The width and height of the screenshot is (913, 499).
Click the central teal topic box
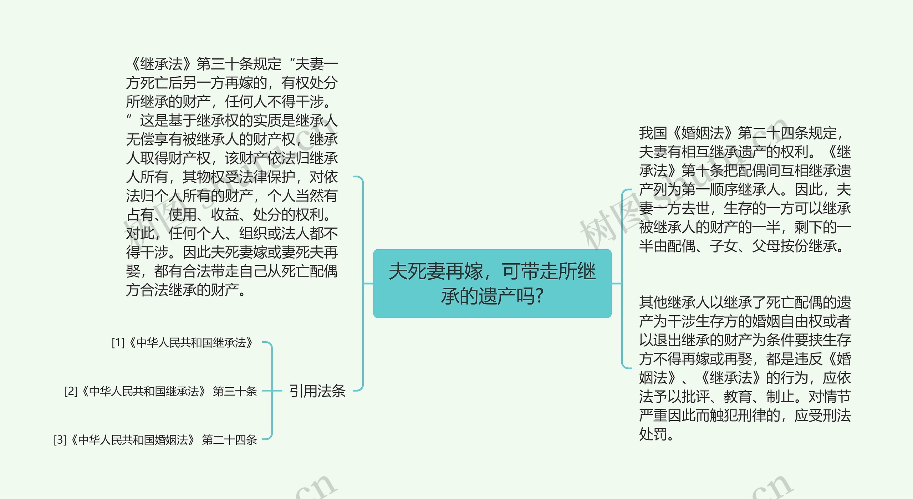(492, 283)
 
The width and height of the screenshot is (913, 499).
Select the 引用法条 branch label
(317, 391)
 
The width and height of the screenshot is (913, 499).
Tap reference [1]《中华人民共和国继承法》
(182, 343)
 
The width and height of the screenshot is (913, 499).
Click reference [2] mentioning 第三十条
(160, 391)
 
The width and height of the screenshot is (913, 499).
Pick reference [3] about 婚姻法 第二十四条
(155, 440)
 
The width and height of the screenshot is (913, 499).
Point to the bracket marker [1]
(118, 343)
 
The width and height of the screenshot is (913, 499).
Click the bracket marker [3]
(60, 440)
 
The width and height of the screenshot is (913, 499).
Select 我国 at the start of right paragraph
(653, 133)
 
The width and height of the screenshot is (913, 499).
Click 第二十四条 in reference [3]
(229, 440)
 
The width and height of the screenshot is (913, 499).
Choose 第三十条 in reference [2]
(235, 391)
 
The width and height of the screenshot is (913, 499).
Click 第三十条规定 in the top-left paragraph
(239, 64)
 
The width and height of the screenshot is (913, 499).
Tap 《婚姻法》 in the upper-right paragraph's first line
(702, 133)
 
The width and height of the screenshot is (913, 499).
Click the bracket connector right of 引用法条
(362, 283)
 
